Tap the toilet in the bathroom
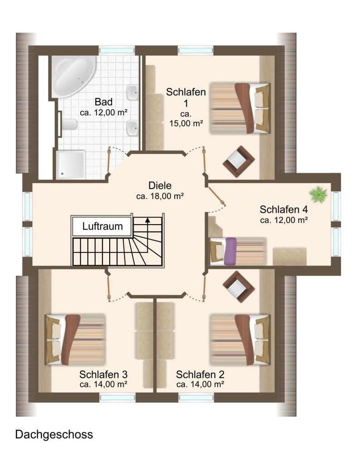[x=69, y=125]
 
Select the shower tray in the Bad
[x=71, y=164]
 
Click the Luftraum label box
[x=102, y=226]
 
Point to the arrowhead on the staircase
[x=148, y=220]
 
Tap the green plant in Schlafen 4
[x=318, y=194]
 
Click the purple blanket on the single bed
[x=230, y=251]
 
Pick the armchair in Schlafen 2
[x=238, y=287]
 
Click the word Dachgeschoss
[x=54, y=434]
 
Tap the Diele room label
[x=160, y=185]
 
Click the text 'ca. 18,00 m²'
[x=160, y=196]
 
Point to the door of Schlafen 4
[x=217, y=197]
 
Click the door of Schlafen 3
[x=109, y=288]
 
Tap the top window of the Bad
[x=117, y=50]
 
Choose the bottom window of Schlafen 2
[x=196, y=398]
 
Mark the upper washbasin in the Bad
[x=132, y=92]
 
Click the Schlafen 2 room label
[x=200, y=375]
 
